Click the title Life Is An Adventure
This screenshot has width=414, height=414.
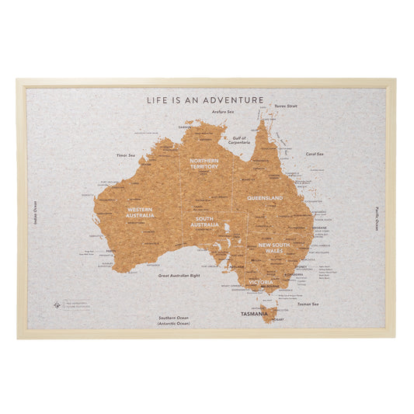(x=207, y=99)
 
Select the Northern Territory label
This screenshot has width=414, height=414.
(x=204, y=163)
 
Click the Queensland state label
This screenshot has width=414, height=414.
(x=265, y=198)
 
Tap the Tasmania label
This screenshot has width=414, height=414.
(x=254, y=314)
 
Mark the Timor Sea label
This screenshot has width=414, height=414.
(x=127, y=155)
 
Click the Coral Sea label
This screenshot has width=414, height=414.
(x=315, y=154)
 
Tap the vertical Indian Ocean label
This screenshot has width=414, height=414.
(x=36, y=213)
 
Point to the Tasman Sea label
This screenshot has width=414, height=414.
(x=308, y=304)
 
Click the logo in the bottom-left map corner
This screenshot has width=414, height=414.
(x=57, y=304)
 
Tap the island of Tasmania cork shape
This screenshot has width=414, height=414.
(x=268, y=313)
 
